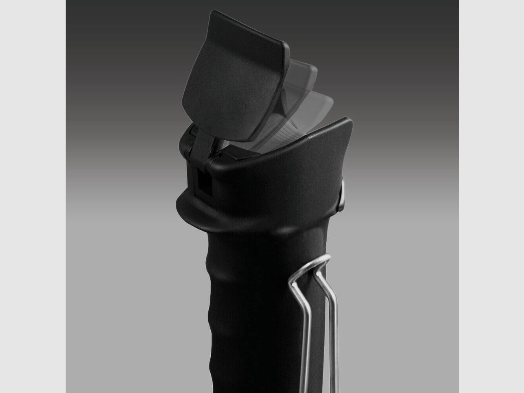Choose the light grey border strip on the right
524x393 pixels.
coord(491,196)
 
